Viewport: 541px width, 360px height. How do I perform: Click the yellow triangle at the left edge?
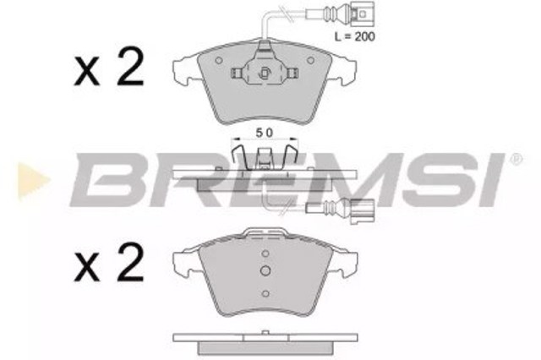pyautogui.click(x=25, y=178)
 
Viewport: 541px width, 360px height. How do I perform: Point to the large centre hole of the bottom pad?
pyautogui.click(x=266, y=271)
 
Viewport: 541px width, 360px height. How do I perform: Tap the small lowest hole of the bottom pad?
pyautogui.click(x=266, y=293)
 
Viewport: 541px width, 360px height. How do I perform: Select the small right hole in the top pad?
pyautogui.click(x=315, y=62)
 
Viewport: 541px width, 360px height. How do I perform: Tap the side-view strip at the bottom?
pyautogui.click(x=265, y=340)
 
